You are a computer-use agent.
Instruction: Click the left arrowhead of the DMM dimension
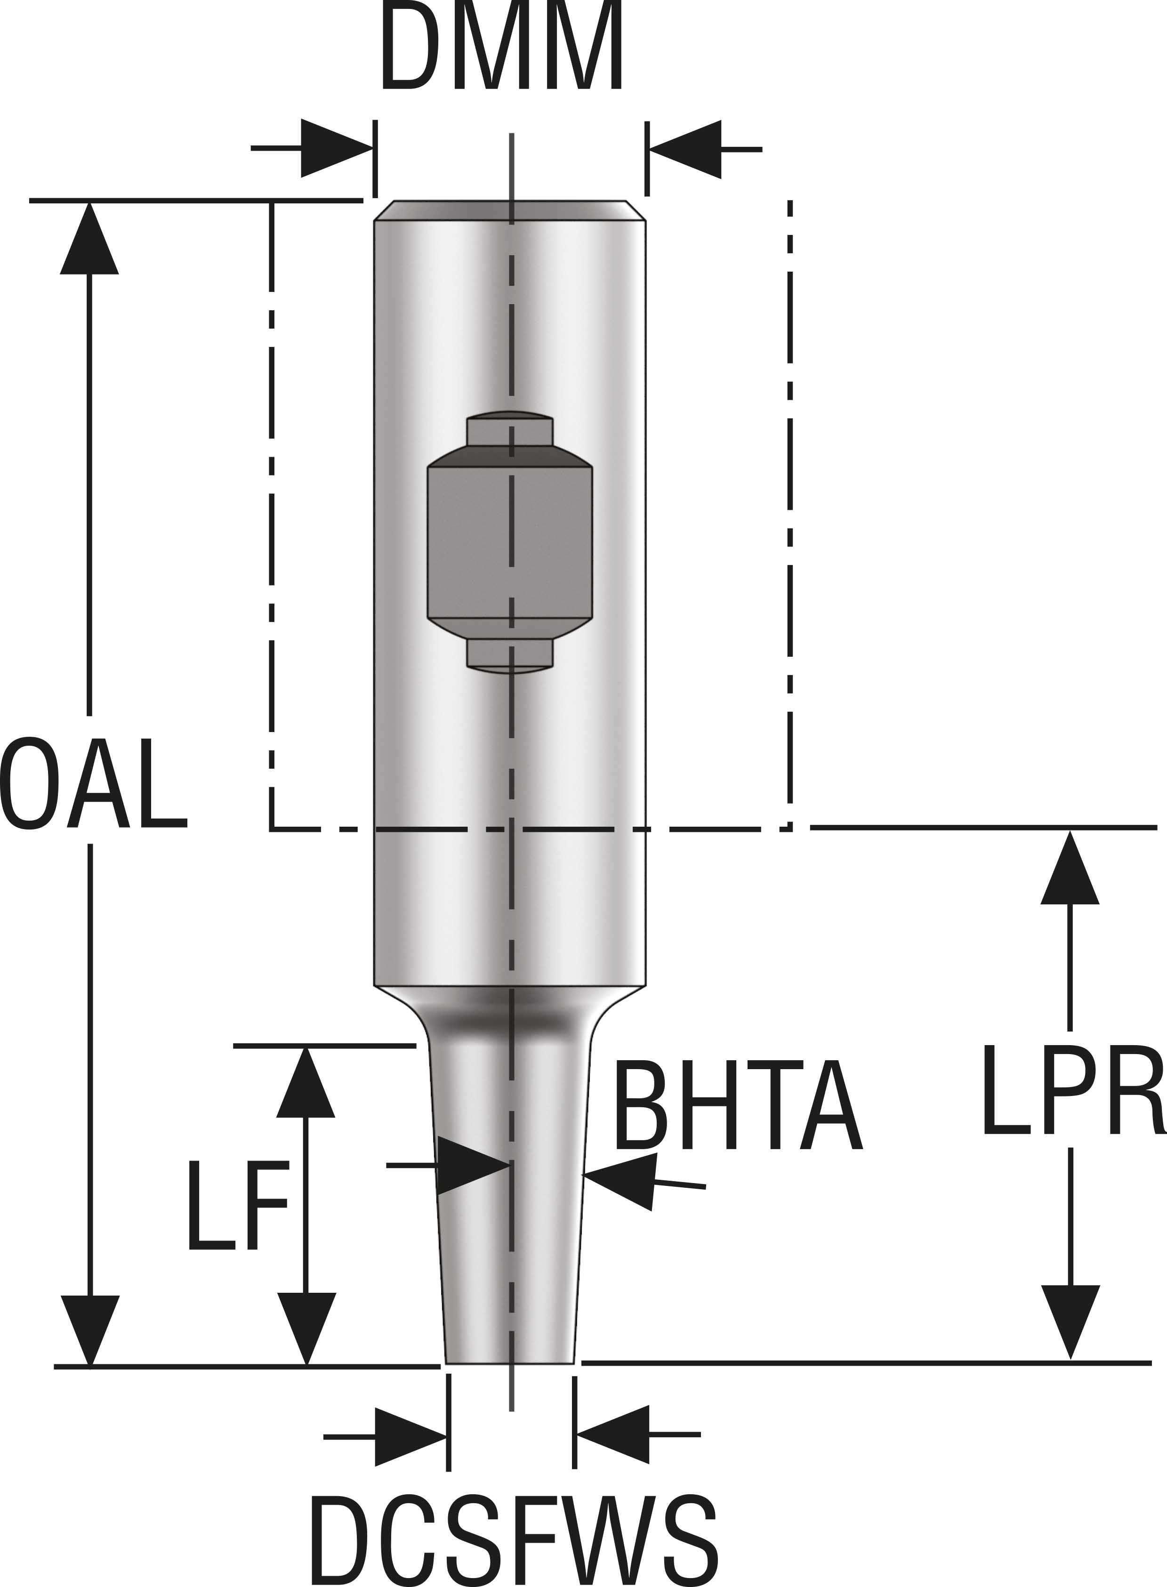(x=335, y=148)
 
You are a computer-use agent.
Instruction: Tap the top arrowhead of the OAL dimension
(x=89, y=240)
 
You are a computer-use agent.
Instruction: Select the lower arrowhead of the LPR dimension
(x=1070, y=1321)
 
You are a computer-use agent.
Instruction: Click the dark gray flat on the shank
(x=510, y=540)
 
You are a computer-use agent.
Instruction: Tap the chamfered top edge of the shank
(x=508, y=210)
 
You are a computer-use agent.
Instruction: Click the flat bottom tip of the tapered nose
(x=510, y=1360)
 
